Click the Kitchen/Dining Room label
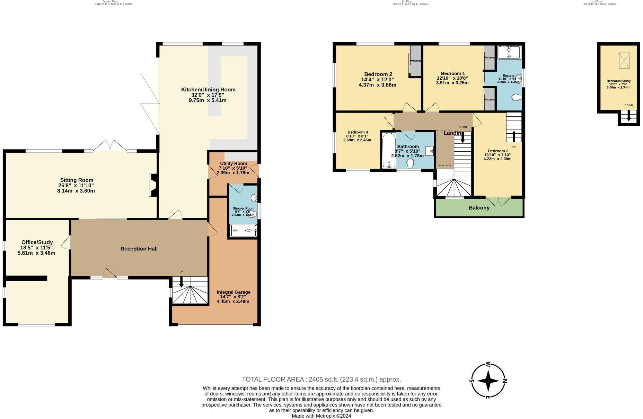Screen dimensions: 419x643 (208, 90)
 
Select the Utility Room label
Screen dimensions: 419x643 (234, 163)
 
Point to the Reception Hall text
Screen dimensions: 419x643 (139, 249)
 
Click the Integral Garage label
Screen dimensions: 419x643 (233, 292)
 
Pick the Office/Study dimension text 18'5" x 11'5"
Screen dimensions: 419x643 (36, 248)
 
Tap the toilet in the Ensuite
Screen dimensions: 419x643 (516, 98)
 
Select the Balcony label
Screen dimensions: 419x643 (479, 208)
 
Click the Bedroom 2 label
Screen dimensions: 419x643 (378, 74)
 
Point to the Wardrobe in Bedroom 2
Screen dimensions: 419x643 (415, 60)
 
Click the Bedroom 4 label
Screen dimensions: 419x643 (358, 132)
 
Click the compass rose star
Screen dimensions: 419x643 (488, 381)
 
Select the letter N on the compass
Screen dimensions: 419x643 (504, 381)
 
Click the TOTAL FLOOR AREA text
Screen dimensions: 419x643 (321, 379)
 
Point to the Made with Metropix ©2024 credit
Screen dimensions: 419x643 (321, 416)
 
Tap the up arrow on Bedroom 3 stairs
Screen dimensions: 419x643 (514, 136)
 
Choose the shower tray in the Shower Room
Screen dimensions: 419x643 (244, 230)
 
